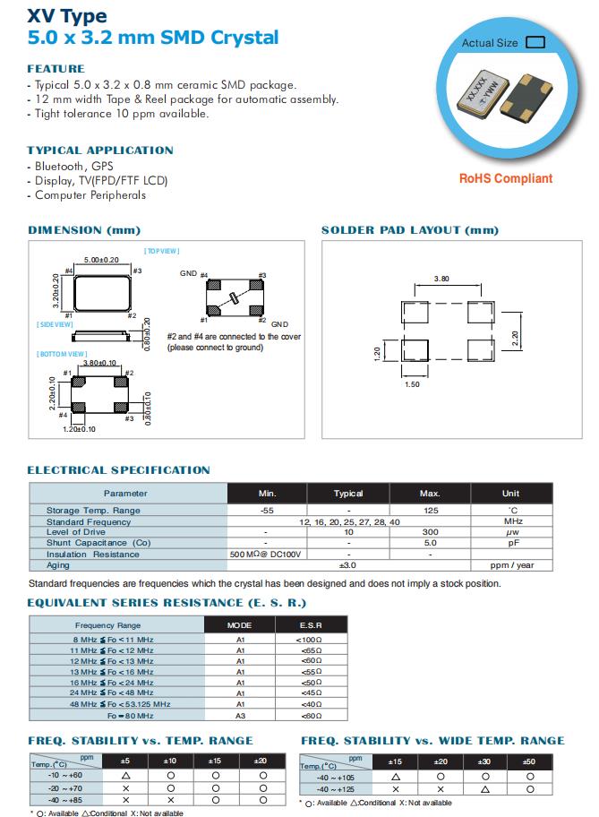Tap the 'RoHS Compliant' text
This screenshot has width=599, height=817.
click(x=506, y=178)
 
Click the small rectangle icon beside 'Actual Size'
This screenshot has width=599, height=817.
click(x=536, y=42)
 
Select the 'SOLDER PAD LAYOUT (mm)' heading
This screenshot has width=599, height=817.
click(x=409, y=230)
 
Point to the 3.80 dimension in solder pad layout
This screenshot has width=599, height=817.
click(x=441, y=279)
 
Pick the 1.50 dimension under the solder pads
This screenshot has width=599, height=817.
click(x=414, y=383)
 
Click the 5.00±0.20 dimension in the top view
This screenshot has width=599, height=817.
click(x=102, y=260)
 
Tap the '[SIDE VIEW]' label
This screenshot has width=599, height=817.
click(x=55, y=324)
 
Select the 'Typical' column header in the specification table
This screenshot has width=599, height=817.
click(x=348, y=494)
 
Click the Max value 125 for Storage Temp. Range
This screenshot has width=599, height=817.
click(x=430, y=511)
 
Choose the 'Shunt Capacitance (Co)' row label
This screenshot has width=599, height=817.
click(x=98, y=543)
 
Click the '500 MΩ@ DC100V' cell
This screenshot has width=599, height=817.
click(x=267, y=554)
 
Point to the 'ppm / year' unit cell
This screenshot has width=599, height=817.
click(x=510, y=565)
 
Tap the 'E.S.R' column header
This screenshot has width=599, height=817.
click(x=311, y=624)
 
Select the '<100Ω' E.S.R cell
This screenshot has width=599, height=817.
click(x=311, y=640)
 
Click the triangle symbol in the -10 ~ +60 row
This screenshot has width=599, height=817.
click(x=125, y=775)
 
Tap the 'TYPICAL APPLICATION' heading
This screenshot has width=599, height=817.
click(x=100, y=150)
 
